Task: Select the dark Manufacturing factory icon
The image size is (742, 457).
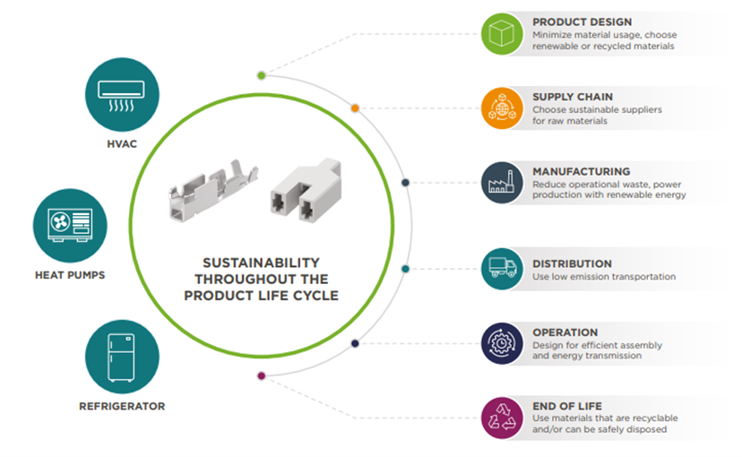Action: pyautogui.click(x=502, y=182)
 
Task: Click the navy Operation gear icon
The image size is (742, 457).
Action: pyautogui.click(x=501, y=343)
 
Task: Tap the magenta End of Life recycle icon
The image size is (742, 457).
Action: pyautogui.click(x=501, y=418)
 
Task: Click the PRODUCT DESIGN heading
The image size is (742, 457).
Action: pyautogui.click(x=582, y=22)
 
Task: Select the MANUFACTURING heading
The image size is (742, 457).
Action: pyautogui.click(x=581, y=171)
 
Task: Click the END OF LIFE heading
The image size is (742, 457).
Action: pyautogui.click(x=566, y=406)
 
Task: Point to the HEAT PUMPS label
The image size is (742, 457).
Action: pyautogui.click(x=69, y=275)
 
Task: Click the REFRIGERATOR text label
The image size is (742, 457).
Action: pyautogui.click(x=122, y=406)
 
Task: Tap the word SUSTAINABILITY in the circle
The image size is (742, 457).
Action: pyautogui.click(x=261, y=263)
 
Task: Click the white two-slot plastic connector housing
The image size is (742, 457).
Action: pyautogui.click(x=304, y=193)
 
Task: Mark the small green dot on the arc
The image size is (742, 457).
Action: pyautogui.click(x=261, y=75)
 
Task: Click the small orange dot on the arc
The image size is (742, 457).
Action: pyautogui.click(x=355, y=108)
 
